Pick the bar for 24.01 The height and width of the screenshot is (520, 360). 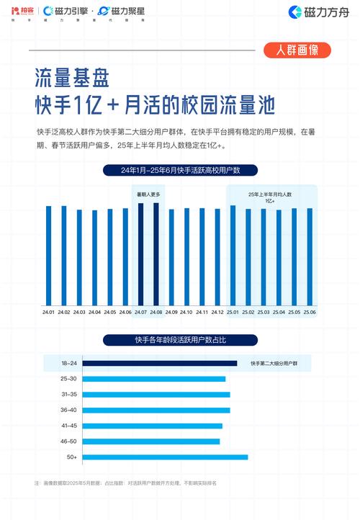coord(49,255)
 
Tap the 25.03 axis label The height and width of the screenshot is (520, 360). coord(264,312)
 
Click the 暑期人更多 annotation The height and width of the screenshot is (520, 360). coord(148,194)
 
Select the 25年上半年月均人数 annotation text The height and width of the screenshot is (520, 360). coord(271,194)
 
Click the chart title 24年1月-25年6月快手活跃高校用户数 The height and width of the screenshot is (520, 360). coord(180,171)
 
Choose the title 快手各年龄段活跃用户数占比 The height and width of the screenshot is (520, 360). coord(180,339)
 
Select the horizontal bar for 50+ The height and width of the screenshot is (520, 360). coord(165,457)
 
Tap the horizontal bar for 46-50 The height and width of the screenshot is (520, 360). coord(151,441)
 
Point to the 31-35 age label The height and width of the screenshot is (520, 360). coord(69,395)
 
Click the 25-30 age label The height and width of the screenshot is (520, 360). coord(69,379)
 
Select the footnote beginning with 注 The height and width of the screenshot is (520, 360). coord(125,483)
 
